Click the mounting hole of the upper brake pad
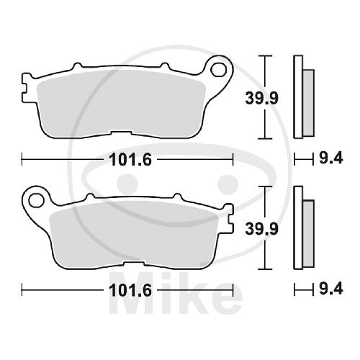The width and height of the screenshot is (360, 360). click(x=218, y=69)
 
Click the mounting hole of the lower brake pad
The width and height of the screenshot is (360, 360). click(x=36, y=199)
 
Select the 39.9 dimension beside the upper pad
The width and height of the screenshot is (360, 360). click(x=261, y=98)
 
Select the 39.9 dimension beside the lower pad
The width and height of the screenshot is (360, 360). click(x=261, y=229)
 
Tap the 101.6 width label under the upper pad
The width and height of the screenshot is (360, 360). click(x=130, y=160)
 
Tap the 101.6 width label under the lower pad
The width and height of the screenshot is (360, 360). click(x=130, y=290)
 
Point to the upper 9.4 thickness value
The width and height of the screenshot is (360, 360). click(x=331, y=158)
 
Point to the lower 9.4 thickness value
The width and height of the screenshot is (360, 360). click(x=331, y=289)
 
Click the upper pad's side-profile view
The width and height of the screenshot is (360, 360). click(x=303, y=97)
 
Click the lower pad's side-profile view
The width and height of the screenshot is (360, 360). click(x=303, y=228)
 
